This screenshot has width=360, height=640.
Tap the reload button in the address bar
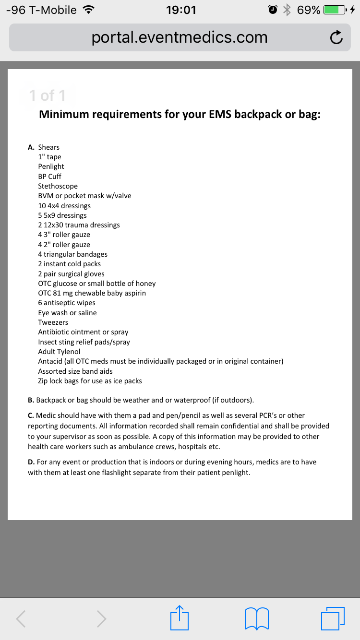336,38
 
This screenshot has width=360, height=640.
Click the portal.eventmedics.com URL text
180,37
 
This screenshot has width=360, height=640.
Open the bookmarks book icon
256,618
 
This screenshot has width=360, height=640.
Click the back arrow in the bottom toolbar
21,618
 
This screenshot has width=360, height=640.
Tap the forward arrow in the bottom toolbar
101,618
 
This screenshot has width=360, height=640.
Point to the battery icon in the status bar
336,10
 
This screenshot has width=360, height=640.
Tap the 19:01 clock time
181,10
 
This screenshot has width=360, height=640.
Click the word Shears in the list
49,147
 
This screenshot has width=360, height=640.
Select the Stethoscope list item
58,186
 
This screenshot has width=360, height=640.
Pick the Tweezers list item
53,322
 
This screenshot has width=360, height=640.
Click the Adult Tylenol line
59,352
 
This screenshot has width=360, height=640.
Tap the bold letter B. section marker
31,400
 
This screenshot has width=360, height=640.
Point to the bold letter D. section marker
31,462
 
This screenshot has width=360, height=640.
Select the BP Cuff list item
49,177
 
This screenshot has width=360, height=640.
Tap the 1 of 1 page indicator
47,95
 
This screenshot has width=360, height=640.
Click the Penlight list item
51,166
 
